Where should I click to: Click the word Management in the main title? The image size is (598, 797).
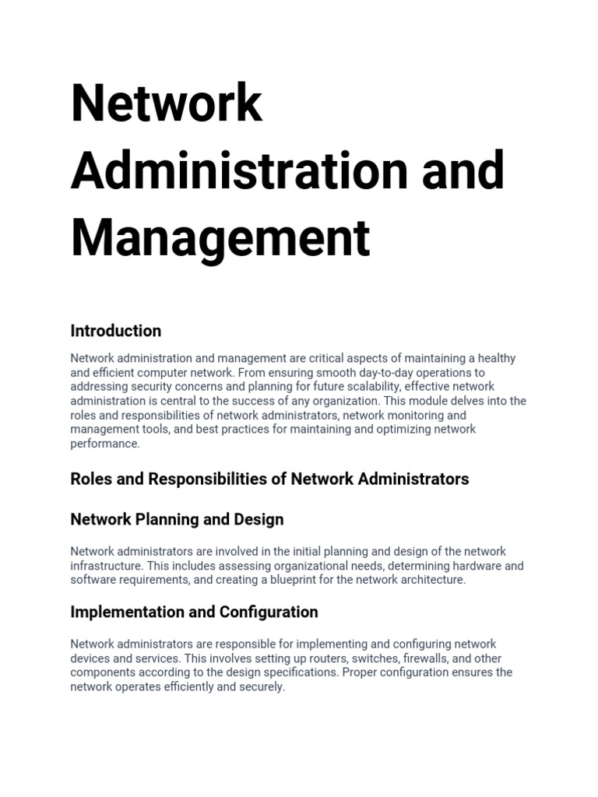220,238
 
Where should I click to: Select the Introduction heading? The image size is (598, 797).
116,331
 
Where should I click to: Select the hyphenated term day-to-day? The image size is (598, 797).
387,373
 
